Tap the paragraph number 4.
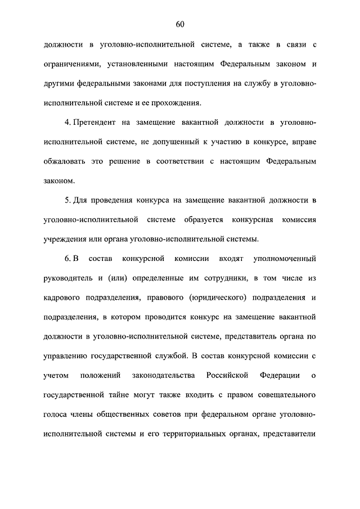66,122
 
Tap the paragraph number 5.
66,200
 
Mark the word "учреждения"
65,239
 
